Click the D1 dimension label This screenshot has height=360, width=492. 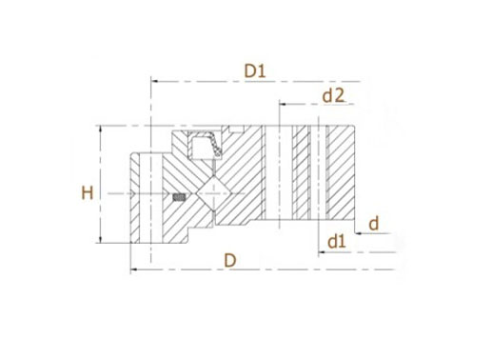pos(255,70)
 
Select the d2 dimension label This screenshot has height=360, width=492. pos(333,95)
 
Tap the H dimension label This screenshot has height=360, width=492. pos(88,192)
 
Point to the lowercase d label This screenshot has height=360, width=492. pos(374,223)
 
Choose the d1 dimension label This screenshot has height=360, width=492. pos(337,242)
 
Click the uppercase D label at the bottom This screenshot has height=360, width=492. pos(230,261)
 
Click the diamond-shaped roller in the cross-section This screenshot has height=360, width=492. pos(214,193)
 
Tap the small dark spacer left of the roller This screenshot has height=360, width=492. pos(179,197)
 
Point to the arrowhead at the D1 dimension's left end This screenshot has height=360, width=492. pos(154,81)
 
